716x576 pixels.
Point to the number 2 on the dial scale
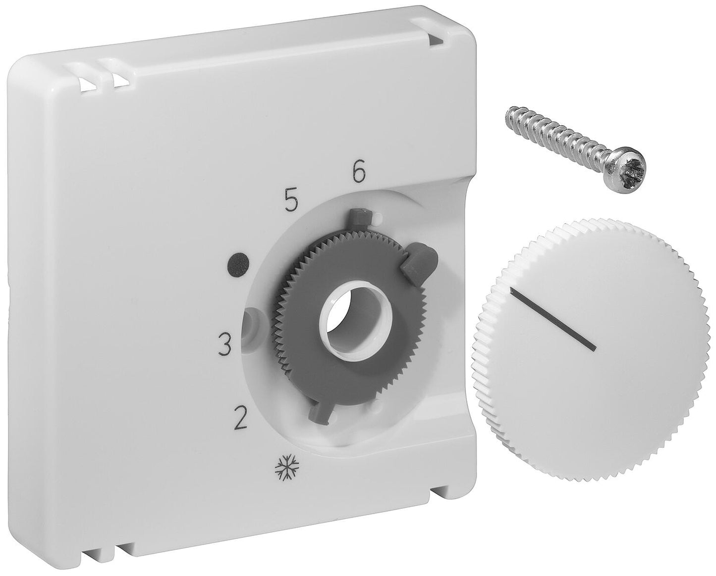[x=240, y=420]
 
